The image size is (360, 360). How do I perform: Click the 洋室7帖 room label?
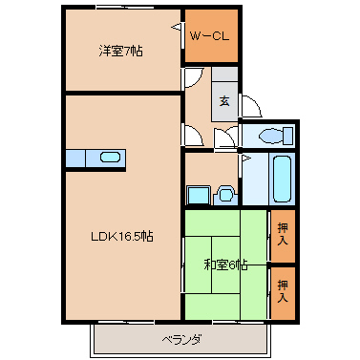click(119, 51)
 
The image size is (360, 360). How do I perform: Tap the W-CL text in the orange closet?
click(209, 36)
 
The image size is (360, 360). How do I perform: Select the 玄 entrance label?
click(224, 100)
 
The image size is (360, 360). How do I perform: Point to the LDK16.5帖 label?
click(119, 237)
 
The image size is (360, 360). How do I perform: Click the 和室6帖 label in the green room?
click(225, 265)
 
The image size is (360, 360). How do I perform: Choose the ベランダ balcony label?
click(180, 339)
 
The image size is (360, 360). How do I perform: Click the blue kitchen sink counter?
click(95, 158)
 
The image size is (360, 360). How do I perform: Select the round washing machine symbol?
click(225, 195)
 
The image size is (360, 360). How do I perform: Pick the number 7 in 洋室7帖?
click(125, 51)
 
